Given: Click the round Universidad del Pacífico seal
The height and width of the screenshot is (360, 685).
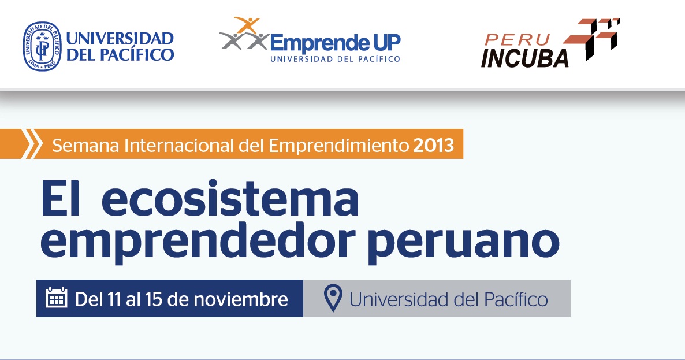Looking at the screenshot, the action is (x=42, y=46).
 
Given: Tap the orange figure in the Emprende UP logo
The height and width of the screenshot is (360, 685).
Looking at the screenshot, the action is (x=247, y=25).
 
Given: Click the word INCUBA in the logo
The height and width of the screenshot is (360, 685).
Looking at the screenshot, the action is (x=524, y=58).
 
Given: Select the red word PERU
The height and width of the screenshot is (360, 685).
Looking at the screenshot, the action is (x=517, y=39).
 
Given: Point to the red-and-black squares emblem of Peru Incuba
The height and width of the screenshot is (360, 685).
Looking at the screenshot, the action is (x=593, y=39).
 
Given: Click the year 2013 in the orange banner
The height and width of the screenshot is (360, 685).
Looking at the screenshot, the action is (x=433, y=145).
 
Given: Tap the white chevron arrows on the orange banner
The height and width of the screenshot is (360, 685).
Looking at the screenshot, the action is (x=31, y=144).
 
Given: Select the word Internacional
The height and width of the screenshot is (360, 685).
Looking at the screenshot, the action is (x=178, y=145).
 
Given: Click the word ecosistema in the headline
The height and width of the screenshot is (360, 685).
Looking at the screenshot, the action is (x=230, y=199).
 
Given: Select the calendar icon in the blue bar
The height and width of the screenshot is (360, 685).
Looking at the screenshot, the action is (x=57, y=298).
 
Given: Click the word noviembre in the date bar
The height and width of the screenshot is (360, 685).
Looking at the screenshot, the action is (x=241, y=299).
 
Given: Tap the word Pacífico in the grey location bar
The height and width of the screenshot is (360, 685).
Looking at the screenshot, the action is (x=516, y=300).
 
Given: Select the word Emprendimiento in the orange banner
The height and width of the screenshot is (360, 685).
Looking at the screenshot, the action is (x=338, y=146).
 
